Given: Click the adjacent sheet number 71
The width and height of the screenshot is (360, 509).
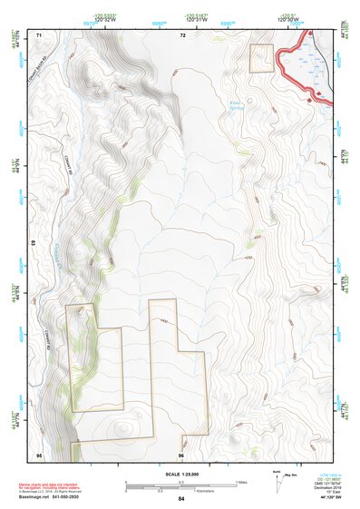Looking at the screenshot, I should pyautogui.click(x=39, y=35).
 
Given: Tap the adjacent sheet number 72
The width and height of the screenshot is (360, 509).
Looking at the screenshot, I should pyautogui.click(x=182, y=35).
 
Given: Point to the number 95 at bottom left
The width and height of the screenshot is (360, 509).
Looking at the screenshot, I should pyautogui.click(x=39, y=453).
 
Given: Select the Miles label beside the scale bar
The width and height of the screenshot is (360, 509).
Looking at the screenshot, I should pyautogui.click(x=241, y=481).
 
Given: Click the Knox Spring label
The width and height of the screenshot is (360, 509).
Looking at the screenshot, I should pyautogui.click(x=238, y=104).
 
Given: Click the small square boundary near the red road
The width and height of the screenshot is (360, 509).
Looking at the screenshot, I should pyautogui.click(x=261, y=58).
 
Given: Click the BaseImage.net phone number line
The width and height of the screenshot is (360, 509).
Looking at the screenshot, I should pyautogui.click(x=54, y=498).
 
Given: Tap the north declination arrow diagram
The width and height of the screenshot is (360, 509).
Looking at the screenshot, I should pyautogui.click(x=277, y=478).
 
